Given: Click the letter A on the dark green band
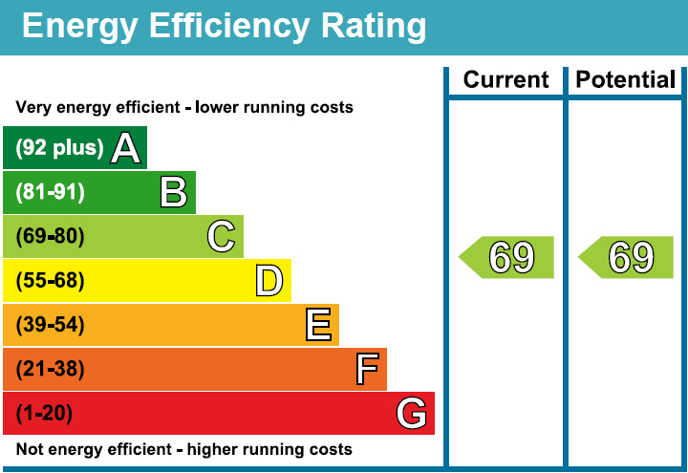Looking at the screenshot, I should tap(126, 148).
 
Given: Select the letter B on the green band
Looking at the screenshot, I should tap(173, 192).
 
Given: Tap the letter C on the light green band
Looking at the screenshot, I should tap(221, 236).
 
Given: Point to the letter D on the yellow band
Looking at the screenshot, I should tap(269, 281).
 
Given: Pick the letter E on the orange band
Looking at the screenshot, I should tap(318, 325).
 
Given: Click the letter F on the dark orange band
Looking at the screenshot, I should tap(366, 369).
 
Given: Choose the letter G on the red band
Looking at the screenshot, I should tap(411, 414).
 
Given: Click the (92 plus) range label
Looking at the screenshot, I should tap(59, 148).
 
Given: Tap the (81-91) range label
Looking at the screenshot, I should tap(50, 192).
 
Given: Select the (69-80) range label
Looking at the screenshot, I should tap(50, 236).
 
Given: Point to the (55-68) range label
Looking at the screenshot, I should tap(50, 281).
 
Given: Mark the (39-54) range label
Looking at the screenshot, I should tap(50, 325).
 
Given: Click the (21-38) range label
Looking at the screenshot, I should tap(50, 369).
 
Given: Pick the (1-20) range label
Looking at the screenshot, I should tap(44, 414).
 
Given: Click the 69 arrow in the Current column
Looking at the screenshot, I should tap(507, 258).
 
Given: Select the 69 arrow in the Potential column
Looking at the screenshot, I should tap(627, 258).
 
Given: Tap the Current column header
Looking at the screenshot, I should tap(505, 80).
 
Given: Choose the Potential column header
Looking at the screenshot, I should tap(626, 80).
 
